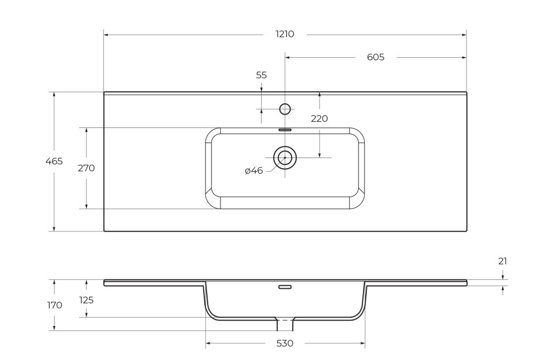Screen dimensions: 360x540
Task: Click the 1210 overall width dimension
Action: point(284,34)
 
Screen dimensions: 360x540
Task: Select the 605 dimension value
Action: point(376,57)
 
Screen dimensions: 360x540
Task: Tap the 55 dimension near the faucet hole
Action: point(261,75)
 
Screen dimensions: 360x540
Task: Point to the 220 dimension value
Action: point(319,119)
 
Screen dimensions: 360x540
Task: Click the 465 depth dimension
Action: point(54,161)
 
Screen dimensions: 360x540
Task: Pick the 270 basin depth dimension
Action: point(86,168)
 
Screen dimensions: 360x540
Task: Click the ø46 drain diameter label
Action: point(254,171)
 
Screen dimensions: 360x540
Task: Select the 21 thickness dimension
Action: point(503,261)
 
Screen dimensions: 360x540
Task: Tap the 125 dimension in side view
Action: point(86,300)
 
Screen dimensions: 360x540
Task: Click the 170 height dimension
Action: point(55,305)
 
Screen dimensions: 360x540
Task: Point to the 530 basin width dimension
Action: point(284,343)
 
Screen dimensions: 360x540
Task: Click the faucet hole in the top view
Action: point(285,109)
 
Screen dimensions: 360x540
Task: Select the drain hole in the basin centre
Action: point(285,158)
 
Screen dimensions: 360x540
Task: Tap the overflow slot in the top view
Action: point(285,130)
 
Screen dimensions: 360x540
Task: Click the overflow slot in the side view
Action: point(285,287)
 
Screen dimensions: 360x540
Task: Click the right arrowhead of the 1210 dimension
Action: point(464,34)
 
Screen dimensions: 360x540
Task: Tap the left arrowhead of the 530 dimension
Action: point(208,343)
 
